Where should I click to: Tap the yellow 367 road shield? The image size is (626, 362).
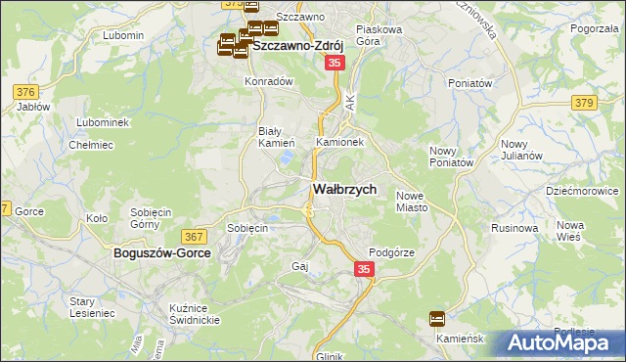pyautogui.click(x=194, y=236)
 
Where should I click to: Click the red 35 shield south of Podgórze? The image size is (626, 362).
pyautogui.click(x=363, y=268)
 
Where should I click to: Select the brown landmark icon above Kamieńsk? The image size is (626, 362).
pyautogui.click(x=436, y=318)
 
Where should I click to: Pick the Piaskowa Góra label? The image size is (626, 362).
pyautogui.click(x=380, y=35)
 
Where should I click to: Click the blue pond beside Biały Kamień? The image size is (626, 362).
pyautogui.click(x=286, y=156)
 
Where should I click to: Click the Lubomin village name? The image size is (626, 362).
pyautogui.click(x=123, y=35)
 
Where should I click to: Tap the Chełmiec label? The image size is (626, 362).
pyautogui.click(x=86, y=145)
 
